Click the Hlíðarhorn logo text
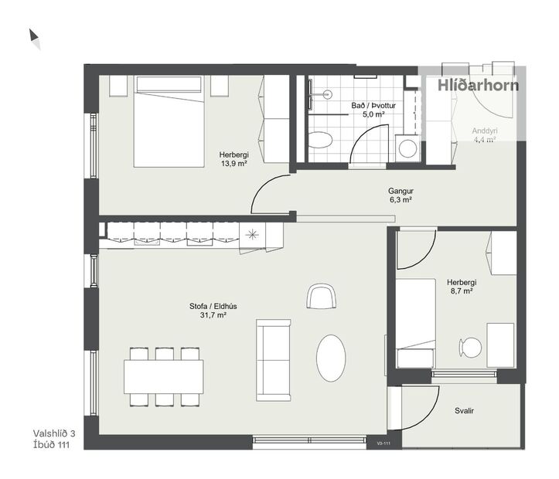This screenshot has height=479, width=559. (x=478, y=86)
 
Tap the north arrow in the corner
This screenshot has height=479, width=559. (x=34, y=38)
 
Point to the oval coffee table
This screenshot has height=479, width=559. (x=331, y=356)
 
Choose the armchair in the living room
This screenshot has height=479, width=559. (x=322, y=295)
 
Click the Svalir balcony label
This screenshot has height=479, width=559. (x=464, y=411)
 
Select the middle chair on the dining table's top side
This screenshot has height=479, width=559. (x=163, y=355)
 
